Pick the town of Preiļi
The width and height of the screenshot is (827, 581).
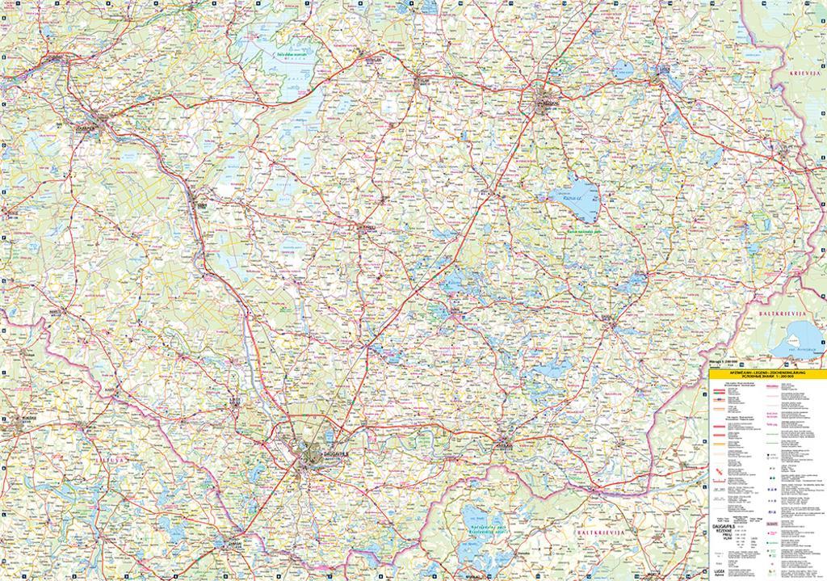(x=367, y=229)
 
